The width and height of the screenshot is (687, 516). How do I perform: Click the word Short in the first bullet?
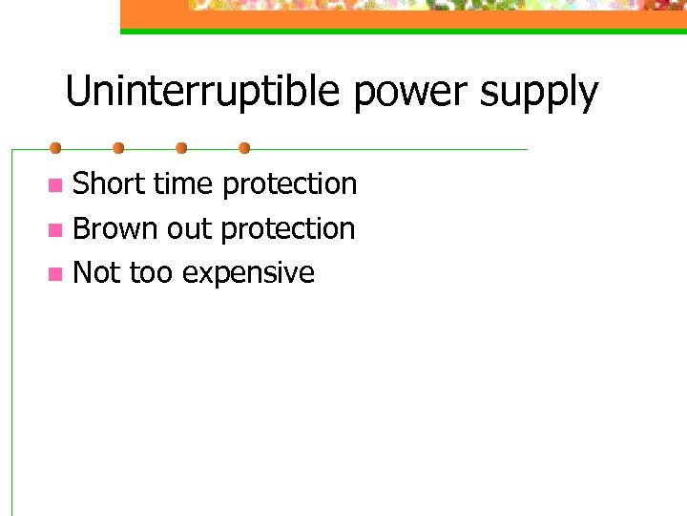point(110,183)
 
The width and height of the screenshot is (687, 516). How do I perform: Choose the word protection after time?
point(290,184)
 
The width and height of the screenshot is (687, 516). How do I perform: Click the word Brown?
point(115,228)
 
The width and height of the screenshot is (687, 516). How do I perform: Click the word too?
point(151,273)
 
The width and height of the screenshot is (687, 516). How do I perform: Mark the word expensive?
point(248,274)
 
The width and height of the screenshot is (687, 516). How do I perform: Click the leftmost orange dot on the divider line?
point(55,148)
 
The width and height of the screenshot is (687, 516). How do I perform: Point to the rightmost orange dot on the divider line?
point(244,148)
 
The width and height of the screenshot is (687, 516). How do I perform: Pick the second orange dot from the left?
point(118,148)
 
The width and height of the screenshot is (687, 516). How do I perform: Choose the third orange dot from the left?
point(181,148)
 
